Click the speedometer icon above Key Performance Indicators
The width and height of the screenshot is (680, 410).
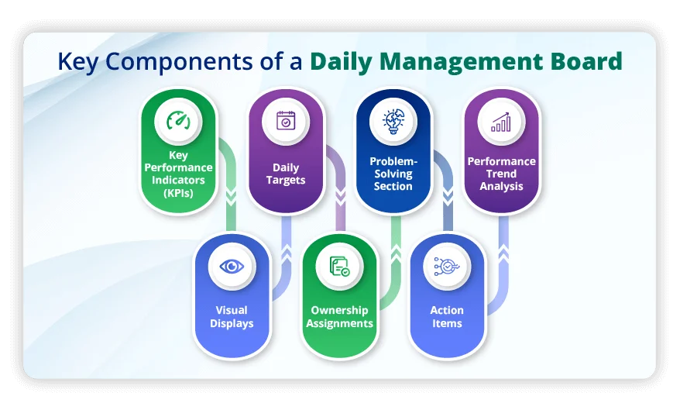(177, 122)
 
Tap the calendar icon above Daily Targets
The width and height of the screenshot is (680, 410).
(286, 122)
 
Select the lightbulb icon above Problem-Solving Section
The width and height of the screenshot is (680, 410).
(393, 122)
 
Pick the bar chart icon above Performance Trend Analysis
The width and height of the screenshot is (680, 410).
(501, 122)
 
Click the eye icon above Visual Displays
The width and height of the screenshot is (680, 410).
(232, 267)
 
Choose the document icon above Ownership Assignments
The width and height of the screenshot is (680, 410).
(339, 267)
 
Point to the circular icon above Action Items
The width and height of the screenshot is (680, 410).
(447, 267)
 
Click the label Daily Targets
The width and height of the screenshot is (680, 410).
(286, 174)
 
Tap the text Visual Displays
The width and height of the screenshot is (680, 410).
(232, 317)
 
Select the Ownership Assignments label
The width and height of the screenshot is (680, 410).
(339, 317)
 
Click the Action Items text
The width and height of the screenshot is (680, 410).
(447, 317)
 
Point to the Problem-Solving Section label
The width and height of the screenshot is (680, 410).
(393, 174)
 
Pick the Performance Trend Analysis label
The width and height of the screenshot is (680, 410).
(501, 174)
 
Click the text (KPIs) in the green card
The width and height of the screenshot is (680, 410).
(178, 193)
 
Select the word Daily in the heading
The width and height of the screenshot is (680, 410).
(342, 62)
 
